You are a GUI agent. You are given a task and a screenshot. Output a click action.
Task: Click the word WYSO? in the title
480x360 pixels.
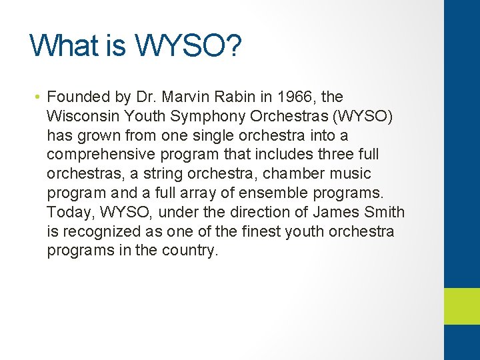pos(200,45)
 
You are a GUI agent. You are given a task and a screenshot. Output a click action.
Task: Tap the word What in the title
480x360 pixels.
pos(63,45)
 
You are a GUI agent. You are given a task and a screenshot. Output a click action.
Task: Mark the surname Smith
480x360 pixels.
pos(384,213)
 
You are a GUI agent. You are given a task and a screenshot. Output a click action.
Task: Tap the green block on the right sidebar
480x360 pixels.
pos(461,306)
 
